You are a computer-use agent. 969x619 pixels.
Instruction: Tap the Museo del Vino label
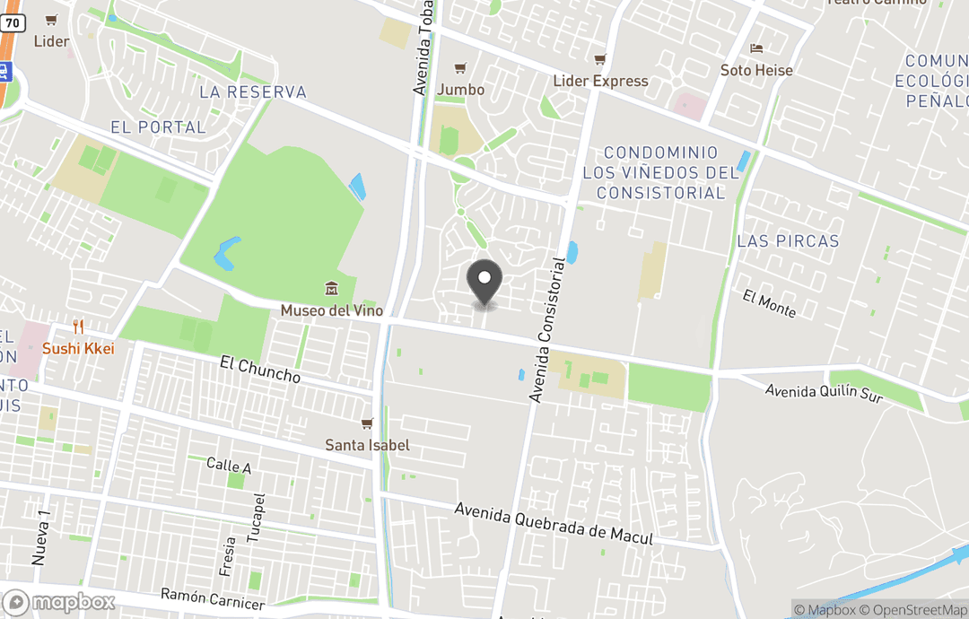(x=331, y=310)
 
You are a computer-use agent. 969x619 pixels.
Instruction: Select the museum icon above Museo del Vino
(x=331, y=289)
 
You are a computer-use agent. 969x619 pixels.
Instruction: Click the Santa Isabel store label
(x=367, y=445)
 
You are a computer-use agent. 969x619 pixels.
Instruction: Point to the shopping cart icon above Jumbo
(x=460, y=68)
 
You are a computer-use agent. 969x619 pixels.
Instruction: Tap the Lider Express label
(x=600, y=81)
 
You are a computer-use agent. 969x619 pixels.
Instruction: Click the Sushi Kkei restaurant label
(x=78, y=348)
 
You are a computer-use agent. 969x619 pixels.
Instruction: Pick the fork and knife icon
(x=79, y=327)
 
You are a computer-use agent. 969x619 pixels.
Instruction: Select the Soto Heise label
(x=756, y=70)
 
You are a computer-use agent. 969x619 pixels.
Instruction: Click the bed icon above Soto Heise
(x=756, y=48)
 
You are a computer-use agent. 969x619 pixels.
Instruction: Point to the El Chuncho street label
(x=260, y=369)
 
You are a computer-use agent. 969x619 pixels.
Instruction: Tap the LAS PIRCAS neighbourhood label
(x=788, y=240)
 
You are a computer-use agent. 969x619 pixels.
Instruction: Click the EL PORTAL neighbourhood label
(x=158, y=127)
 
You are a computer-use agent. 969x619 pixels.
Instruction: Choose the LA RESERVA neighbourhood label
(x=252, y=92)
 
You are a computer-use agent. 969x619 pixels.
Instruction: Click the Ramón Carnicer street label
(x=213, y=598)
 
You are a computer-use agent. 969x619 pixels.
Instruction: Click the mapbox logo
(x=59, y=602)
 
